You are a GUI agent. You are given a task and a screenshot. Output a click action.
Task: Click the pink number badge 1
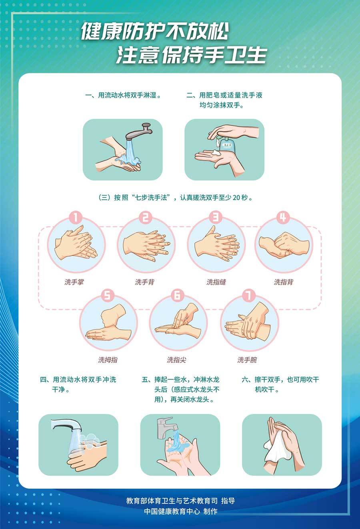pos(76,217)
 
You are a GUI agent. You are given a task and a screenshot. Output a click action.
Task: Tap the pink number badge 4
pos(283,217)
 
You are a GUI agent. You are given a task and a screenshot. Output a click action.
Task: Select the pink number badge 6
pos(178,295)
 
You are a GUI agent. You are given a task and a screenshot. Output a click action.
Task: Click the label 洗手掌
pos(74,282)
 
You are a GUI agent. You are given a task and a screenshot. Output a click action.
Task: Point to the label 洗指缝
pos(216,282)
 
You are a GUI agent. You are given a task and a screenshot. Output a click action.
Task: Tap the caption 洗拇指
pos(108,360)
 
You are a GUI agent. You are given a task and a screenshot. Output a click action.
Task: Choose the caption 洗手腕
pos(247,360)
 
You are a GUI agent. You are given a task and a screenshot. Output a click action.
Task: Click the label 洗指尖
pos(176,360)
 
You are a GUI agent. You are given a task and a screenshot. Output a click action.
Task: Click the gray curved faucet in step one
pos(139,132)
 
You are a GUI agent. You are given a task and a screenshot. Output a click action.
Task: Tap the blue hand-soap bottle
pos(228,144)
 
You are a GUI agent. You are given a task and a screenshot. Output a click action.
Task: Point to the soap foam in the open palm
pos(216,152)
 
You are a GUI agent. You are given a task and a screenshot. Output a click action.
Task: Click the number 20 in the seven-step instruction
pos(236,197)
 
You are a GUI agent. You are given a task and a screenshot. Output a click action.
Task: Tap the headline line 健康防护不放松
pos(155,31)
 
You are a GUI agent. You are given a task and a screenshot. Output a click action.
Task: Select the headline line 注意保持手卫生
pos(191,54)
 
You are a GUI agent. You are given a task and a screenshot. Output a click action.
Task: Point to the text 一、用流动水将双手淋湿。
pos(123,95)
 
